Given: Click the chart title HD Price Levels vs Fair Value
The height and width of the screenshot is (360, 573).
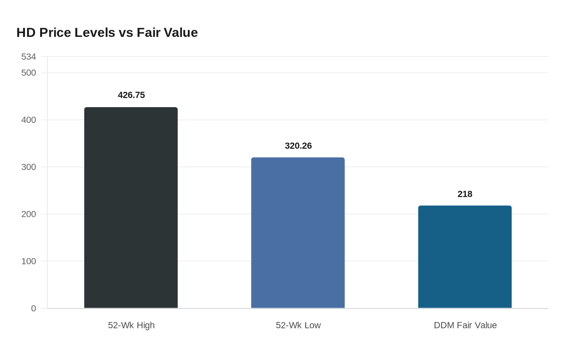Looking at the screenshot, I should pos(107,32).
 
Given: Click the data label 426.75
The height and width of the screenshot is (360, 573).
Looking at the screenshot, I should pos(131,95).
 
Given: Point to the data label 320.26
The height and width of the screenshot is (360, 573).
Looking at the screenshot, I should pos(298,146).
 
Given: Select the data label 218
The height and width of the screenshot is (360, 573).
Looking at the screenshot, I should pos(465,194).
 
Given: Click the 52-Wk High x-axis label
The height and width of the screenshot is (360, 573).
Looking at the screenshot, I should pos(131,325).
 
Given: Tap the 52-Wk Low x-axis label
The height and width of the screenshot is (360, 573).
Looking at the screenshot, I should pos(298,325).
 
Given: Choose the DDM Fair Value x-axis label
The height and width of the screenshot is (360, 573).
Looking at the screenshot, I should pos(465,325).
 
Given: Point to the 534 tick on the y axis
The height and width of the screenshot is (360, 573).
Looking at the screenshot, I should pos(29,57).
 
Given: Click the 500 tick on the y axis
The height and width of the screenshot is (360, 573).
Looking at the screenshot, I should pos(29,73).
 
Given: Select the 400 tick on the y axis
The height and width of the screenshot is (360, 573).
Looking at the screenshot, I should pos(29,120).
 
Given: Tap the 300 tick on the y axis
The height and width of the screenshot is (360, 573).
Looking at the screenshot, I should pos(29,167).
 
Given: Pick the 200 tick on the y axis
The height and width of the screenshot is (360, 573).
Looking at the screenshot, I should pos(29,214).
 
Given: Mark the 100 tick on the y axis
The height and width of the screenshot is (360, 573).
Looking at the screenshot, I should pos(29,261).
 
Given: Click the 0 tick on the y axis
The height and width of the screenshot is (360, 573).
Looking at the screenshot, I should pos(34,308).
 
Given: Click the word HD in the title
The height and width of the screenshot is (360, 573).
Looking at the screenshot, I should pos(26,32).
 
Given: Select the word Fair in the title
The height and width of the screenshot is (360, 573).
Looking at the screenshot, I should pos(148,32).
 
